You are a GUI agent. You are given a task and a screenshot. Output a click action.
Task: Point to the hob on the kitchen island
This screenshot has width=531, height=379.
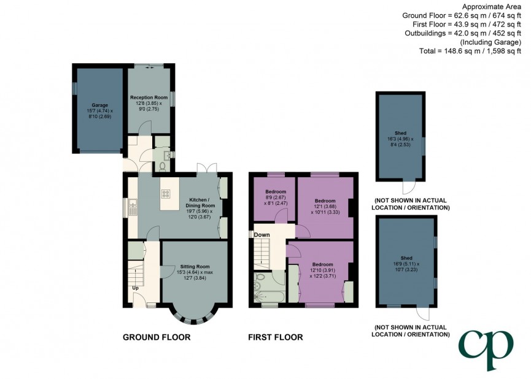[x=166, y=194]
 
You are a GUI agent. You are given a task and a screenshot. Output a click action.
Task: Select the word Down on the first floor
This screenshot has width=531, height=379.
[x=262, y=235]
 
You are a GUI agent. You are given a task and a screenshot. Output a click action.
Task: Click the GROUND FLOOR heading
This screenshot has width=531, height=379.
[x=157, y=337]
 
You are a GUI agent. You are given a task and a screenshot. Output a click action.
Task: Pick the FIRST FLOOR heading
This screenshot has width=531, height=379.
[x=275, y=337]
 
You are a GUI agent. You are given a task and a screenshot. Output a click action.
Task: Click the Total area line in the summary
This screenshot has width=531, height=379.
[x=469, y=51]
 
